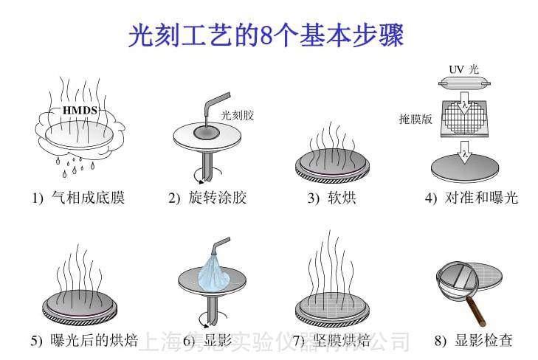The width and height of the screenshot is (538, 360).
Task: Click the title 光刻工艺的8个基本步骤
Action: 266,34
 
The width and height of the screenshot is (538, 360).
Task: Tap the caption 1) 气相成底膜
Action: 77,198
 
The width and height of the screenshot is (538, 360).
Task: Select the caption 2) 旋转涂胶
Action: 207,198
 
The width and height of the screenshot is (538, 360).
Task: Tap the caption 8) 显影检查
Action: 473,340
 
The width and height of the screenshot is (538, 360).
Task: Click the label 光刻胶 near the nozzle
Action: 237,114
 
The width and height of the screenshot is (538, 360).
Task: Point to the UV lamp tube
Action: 463,83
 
